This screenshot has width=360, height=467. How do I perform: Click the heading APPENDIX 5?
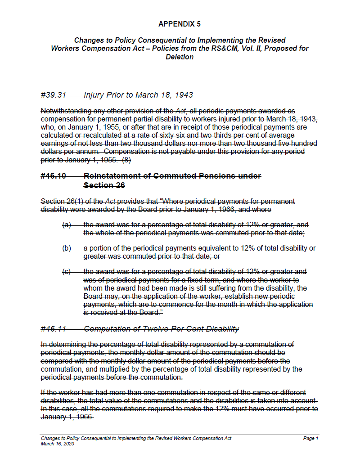[180, 23]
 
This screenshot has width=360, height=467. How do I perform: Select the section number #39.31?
[53, 95]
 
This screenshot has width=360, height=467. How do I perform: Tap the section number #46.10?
[53, 176]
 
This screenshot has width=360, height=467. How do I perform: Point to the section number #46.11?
[53, 329]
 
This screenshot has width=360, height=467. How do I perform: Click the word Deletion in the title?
[180, 57]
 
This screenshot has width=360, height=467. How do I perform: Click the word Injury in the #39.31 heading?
[93, 95]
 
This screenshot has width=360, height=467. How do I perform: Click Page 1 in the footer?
[310, 438]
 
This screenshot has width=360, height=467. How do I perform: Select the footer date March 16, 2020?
[57, 444]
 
